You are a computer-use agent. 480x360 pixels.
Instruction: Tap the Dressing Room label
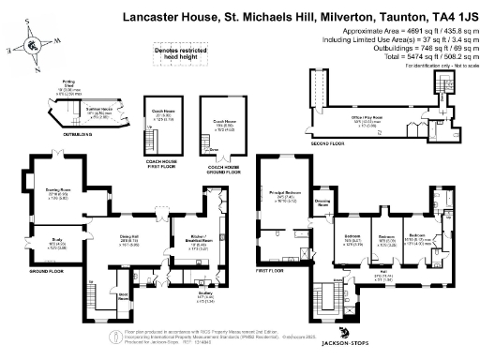tap(321, 202)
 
